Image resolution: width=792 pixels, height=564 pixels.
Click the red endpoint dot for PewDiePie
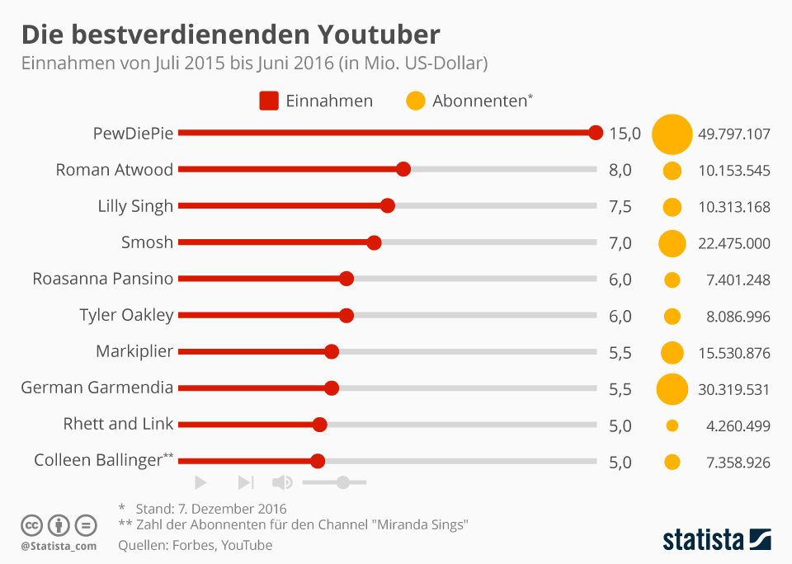point(596,133)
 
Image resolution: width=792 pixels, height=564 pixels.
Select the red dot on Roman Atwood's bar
point(403,169)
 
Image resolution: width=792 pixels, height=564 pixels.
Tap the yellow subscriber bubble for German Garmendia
point(672,388)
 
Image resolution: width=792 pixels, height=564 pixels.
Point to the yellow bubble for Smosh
point(672,242)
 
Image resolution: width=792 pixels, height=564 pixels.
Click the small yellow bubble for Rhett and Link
point(672,425)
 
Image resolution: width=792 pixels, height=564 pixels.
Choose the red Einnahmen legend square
point(269,101)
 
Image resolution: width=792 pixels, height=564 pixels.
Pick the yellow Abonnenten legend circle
point(416,101)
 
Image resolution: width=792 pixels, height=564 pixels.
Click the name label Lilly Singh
point(135,206)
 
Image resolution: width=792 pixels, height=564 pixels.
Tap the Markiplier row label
point(134,351)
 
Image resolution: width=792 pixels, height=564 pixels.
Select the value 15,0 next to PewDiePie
point(625,134)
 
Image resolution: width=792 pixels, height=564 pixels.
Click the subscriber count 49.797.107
point(733,134)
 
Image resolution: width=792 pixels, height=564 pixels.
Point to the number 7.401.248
point(738,280)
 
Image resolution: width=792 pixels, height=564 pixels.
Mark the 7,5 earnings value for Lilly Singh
point(620,206)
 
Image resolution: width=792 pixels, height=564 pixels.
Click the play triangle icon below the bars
point(200,482)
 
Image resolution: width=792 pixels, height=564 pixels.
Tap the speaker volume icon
point(282,482)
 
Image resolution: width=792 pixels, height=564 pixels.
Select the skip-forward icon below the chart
point(245,482)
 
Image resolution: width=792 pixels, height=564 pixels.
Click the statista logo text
point(703,540)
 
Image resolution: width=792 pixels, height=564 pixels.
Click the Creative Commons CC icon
point(32,525)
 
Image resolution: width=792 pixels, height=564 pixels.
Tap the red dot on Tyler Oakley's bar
point(346,315)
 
